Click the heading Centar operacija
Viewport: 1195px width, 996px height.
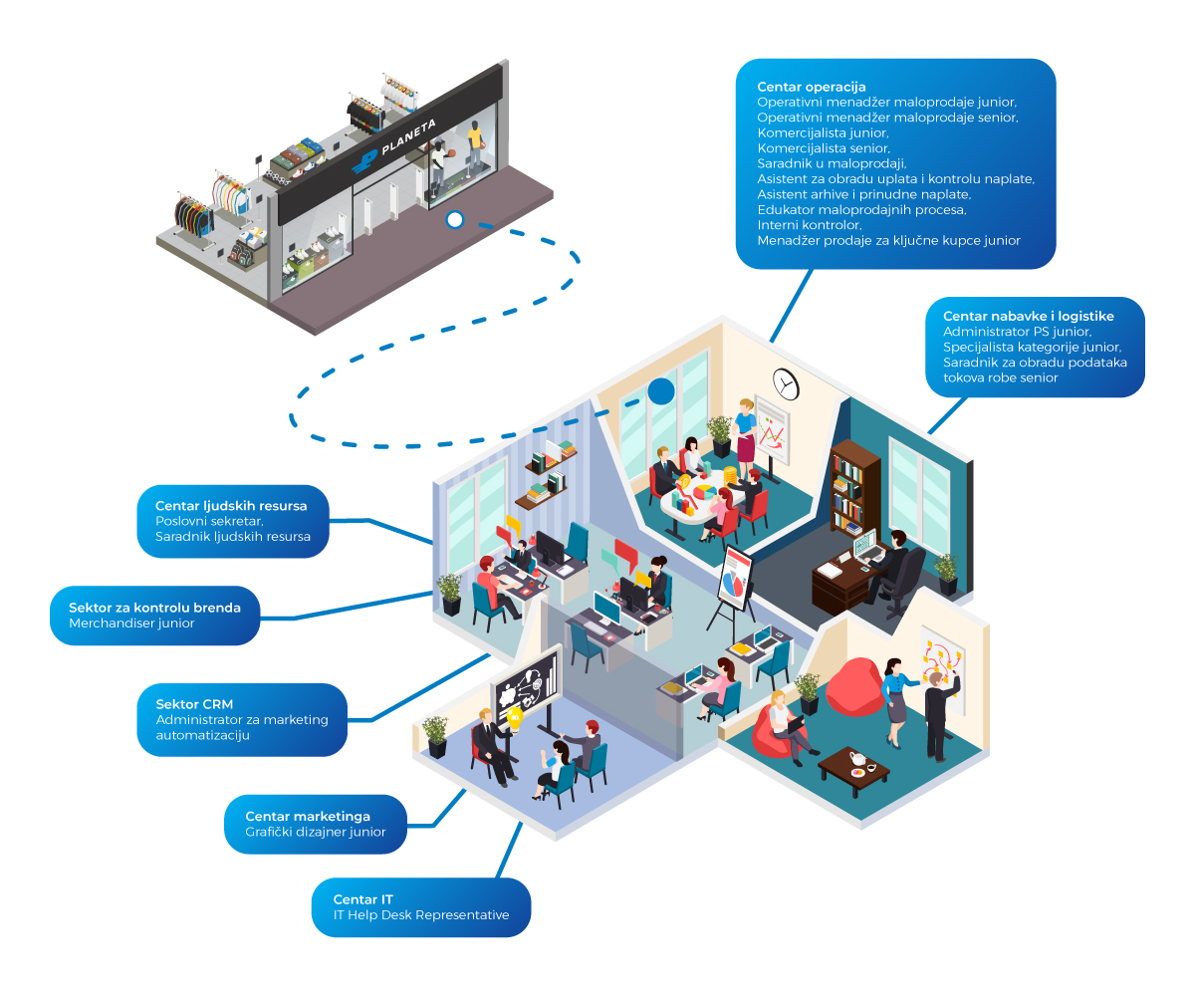pos(811,87)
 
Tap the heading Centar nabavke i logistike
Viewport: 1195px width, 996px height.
pos(1028,316)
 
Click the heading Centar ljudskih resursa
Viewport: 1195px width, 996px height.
pos(231,505)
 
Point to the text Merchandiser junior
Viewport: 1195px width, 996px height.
pos(131,623)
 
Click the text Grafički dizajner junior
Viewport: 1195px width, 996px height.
pos(315,832)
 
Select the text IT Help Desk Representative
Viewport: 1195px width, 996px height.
pos(422,914)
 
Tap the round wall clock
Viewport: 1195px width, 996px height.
pos(786,382)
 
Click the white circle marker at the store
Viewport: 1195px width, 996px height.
pos(455,219)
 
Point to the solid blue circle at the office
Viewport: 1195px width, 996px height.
pos(660,391)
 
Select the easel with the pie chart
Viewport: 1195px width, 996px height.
pos(735,581)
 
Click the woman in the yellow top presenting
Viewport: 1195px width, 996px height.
pos(745,430)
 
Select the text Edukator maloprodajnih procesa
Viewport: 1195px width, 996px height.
pos(861,210)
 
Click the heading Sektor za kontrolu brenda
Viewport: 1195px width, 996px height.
pos(154,607)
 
